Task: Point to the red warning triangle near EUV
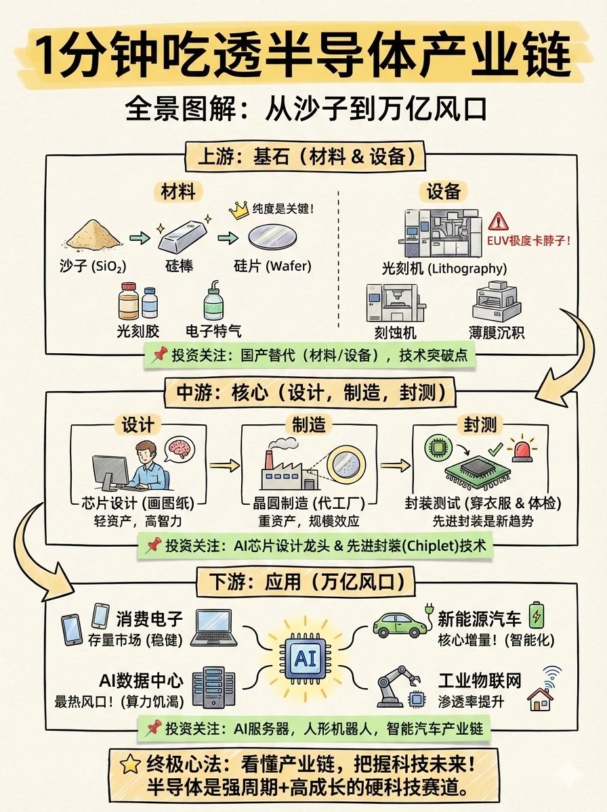[498, 221]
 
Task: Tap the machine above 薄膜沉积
[499, 300]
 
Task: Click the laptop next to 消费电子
[213, 628]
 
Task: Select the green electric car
[400, 623]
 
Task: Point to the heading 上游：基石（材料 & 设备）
[303, 157]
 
